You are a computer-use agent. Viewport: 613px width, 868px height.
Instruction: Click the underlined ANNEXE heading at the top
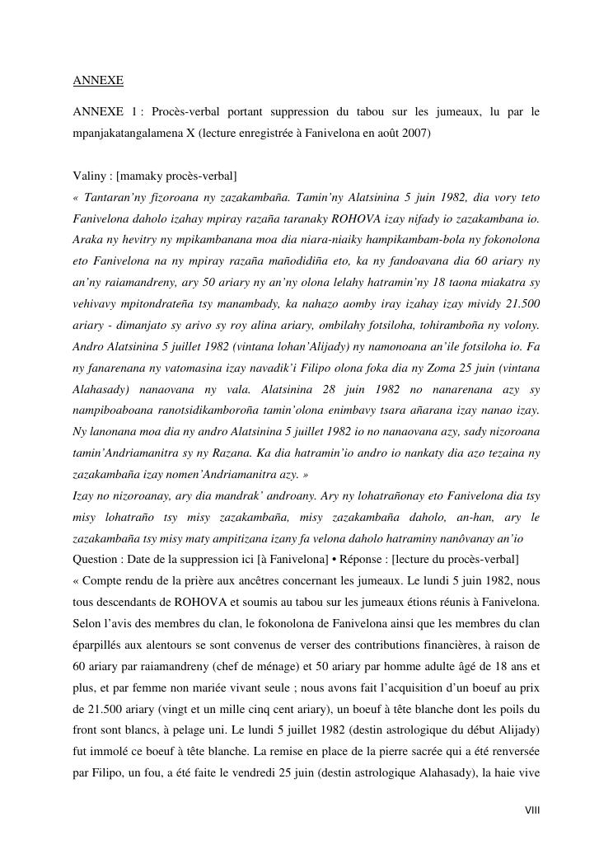[98, 81]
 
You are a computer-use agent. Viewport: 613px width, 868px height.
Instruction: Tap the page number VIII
[531, 810]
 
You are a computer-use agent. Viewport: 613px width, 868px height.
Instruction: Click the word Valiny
[89, 176]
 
